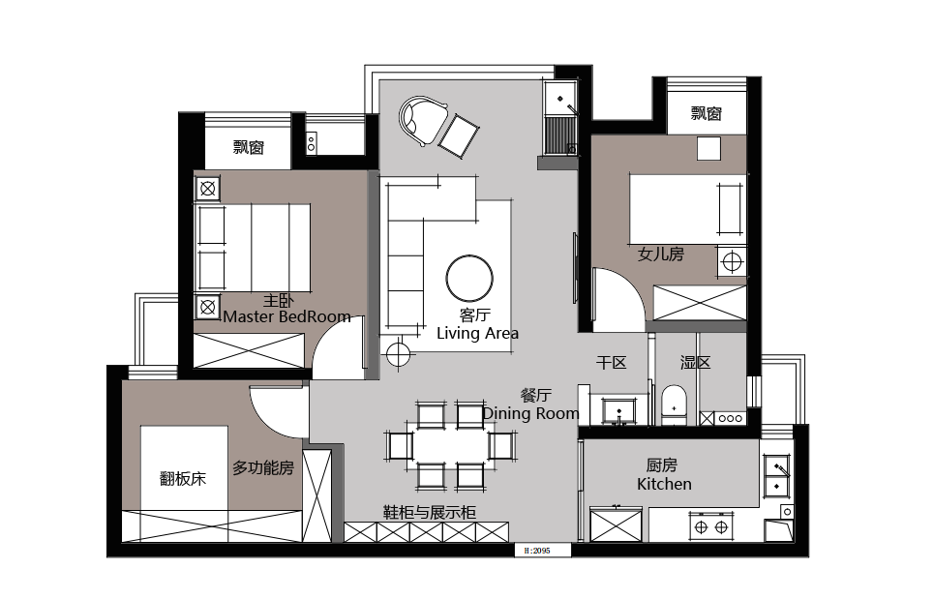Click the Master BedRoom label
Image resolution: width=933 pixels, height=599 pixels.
tap(287, 316)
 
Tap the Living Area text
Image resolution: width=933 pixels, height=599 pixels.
tap(477, 333)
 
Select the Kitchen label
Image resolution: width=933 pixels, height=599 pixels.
tap(664, 484)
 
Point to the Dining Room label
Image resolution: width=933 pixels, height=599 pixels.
tap(530, 413)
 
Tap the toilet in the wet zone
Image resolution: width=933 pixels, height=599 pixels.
tap(674, 405)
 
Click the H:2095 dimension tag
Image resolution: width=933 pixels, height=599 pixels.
tap(537, 551)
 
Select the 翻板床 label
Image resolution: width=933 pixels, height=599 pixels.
tap(183, 478)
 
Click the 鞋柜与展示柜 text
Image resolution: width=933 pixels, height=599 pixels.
tap(429, 512)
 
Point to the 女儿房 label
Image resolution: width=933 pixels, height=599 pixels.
tap(660, 255)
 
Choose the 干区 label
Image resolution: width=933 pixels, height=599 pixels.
tap(611, 363)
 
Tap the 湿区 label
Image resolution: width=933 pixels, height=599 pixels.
tap(695, 363)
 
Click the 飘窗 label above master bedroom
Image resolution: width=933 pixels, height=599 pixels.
tap(248, 147)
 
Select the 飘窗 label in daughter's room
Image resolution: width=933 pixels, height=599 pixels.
tap(707, 113)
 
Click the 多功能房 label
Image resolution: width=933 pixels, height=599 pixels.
tap(263, 468)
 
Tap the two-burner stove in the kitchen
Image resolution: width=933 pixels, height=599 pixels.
tap(711, 527)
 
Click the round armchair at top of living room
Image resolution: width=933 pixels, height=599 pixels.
tap(423, 121)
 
